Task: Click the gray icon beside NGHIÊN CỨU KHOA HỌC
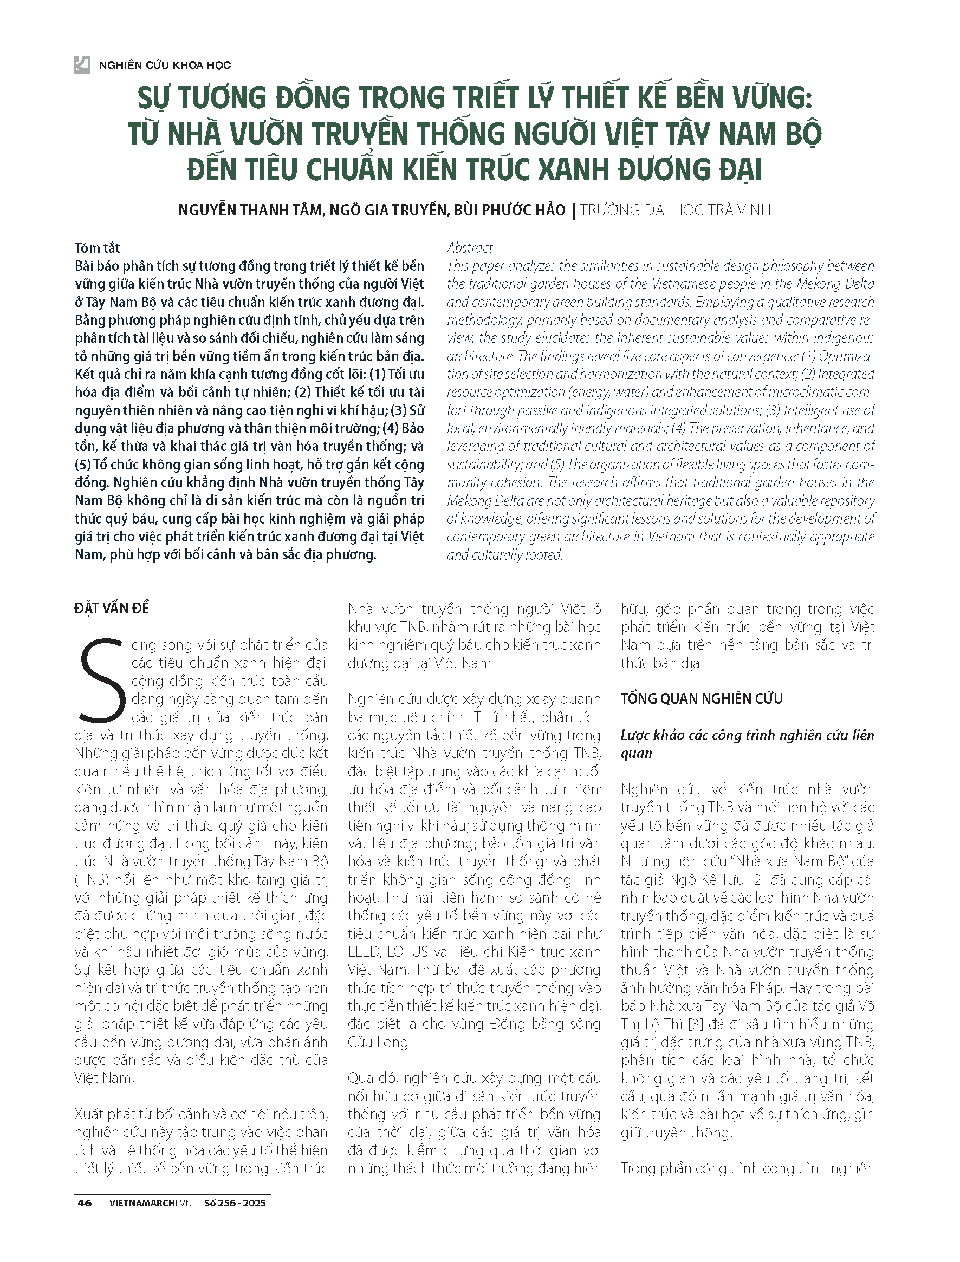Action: tap(82, 65)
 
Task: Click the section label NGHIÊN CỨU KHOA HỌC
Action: tap(165, 65)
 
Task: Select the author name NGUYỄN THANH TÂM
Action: tap(250, 210)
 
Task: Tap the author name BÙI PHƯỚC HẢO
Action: tap(509, 210)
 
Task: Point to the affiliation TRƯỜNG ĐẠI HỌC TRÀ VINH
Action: tap(675, 210)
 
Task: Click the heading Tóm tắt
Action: tap(97, 248)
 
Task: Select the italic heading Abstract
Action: tap(470, 248)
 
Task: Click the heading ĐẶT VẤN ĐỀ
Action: tap(112, 609)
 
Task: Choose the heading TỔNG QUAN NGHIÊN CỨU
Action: tap(702, 698)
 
